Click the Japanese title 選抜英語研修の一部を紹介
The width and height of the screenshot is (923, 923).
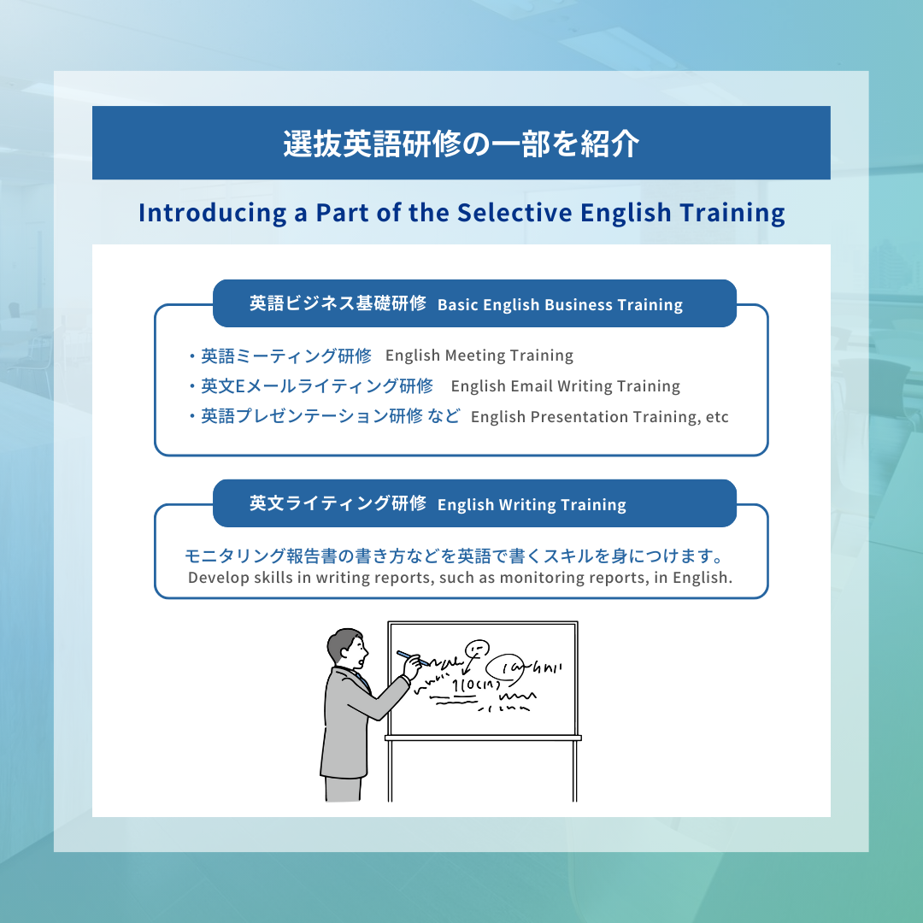click(461, 143)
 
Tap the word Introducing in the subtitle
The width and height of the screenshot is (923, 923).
click(213, 213)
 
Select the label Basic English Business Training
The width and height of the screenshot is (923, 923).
click(560, 305)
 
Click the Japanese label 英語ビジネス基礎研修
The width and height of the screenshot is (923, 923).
click(338, 303)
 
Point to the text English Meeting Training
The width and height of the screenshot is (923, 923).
click(479, 356)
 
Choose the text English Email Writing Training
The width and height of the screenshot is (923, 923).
click(565, 386)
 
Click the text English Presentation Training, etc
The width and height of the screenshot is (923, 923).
click(599, 417)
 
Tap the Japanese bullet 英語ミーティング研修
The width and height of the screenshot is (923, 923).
click(286, 356)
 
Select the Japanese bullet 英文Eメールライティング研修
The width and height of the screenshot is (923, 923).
click(317, 386)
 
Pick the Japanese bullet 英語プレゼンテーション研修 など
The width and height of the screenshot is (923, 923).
click(330, 416)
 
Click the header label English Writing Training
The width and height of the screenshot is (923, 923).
click(532, 505)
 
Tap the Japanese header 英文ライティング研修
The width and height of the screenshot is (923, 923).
click(338, 503)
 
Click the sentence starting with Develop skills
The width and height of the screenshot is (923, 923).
click(461, 578)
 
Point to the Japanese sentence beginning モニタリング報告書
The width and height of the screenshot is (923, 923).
click(454, 556)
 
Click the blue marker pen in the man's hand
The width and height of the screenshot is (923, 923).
click(411, 658)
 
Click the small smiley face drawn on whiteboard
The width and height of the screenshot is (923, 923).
click(477, 649)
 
